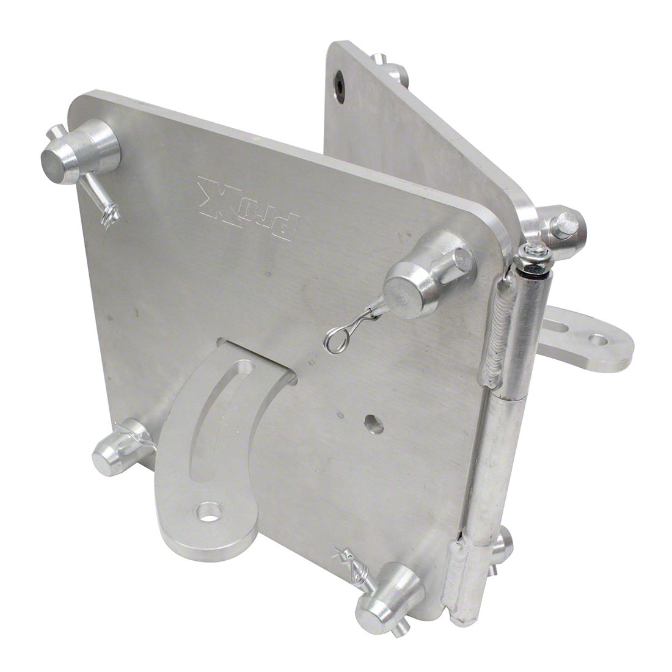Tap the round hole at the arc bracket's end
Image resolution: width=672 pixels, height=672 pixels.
coord(209,512)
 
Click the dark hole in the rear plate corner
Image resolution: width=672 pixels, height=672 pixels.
coord(340,84)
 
